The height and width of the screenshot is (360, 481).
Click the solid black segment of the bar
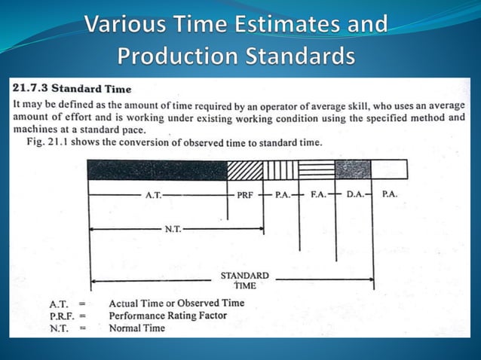(157, 169)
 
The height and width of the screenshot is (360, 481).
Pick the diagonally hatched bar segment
(244, 169)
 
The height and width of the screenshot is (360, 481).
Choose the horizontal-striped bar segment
(317, 169)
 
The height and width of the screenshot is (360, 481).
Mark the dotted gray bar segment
(353, 169)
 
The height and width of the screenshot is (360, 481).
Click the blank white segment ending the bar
(389, 169)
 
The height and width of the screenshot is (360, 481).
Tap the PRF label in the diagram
(245, 194)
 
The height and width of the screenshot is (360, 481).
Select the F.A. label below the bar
(318, 194)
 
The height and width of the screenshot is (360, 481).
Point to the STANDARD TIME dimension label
(244, 281)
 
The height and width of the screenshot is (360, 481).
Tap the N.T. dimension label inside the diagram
(172, 228)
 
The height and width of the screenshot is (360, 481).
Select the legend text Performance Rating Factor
(167, 316)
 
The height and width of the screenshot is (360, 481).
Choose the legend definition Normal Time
(136, 328)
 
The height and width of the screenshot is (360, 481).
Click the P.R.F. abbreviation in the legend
(61, 316)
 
